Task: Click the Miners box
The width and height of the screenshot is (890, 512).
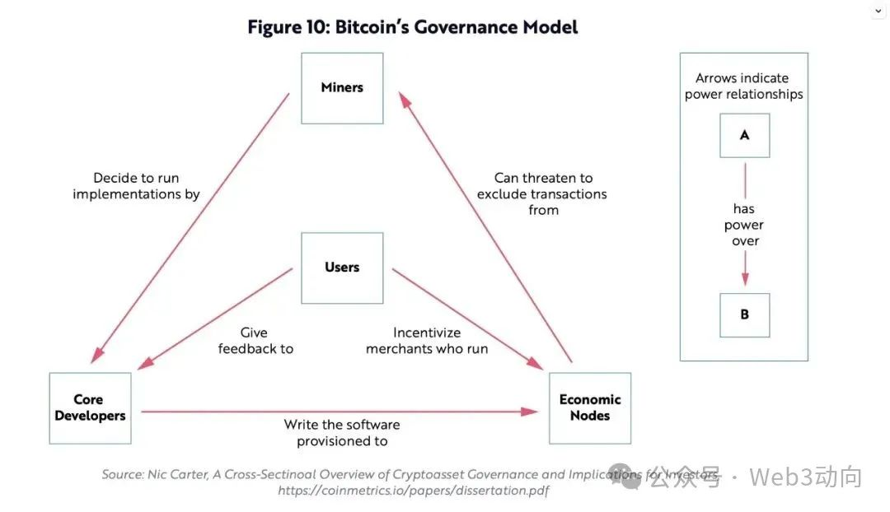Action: click(x=342, y=88)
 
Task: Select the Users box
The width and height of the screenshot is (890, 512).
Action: click(x=342, y=268)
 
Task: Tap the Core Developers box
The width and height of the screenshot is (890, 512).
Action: click(x=90, y=408)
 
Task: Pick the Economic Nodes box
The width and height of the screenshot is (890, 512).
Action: click(x=590, y=408)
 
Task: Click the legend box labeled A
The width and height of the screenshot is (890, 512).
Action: click(x=744, y=135)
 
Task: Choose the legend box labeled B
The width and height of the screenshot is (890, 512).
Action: click(x=744, y=314)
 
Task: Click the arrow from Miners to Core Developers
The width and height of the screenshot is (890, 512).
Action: click(x=191, y=226)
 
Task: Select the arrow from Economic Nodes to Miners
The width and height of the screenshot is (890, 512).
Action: click(x=486, y=226)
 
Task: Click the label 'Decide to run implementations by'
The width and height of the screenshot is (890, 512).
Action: click(x=136, y=186)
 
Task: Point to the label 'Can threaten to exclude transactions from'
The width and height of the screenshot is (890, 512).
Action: click(x=542, y=194)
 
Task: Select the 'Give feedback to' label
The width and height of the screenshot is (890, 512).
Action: click(x=255, y=341)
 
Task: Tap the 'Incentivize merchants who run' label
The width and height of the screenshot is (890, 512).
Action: click(x=427, y=341)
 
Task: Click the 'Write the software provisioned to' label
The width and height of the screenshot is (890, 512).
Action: click(x=342, y=433)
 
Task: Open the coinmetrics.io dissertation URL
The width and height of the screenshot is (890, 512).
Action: click(x=413, y=491)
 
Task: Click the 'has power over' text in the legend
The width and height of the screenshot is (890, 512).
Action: click(x=744, y=225)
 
